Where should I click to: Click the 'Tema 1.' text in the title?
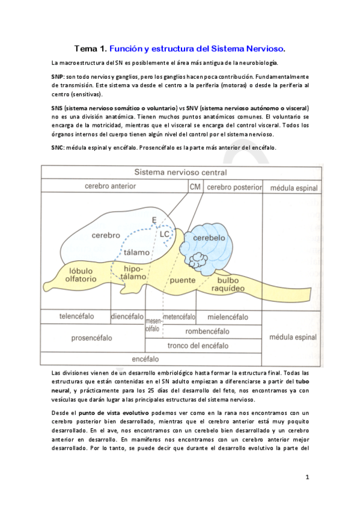[91, 48]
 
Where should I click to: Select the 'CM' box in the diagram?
[195, 186]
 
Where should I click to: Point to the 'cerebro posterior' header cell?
[234, 187]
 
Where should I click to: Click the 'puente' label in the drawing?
[183, 280]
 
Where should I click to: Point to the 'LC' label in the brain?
[165, 232]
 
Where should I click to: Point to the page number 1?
[307, 478]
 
